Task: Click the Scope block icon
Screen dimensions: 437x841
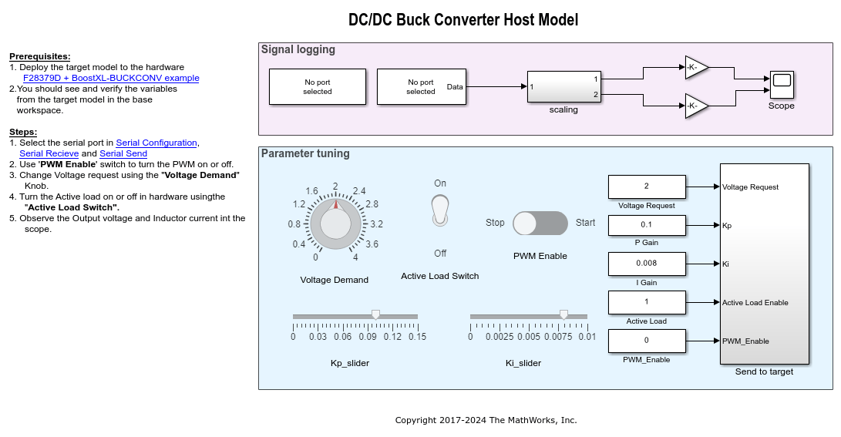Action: point(781,82)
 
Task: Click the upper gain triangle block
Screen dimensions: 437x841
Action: point(696,67)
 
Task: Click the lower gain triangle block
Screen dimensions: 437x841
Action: point(696,106)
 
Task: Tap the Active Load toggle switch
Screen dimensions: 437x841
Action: point(439,210)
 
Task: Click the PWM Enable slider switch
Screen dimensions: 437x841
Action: point(540,223)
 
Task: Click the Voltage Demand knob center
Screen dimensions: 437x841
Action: point(335,224)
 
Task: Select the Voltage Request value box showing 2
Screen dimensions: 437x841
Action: point(647,187)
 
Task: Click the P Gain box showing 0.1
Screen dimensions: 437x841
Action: point(647,225)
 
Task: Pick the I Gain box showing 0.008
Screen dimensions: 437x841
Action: point(647,264)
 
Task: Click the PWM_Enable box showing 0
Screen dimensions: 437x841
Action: point(647,341)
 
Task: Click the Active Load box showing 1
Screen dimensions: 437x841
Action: point(647,302)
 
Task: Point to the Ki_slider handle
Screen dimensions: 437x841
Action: point(563,314)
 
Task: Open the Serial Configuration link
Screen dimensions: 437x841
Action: point(156,143)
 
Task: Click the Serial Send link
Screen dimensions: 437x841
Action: point(123,153)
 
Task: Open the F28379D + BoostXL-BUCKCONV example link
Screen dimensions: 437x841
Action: point(111,78)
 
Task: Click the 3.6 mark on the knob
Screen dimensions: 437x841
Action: point(372,244)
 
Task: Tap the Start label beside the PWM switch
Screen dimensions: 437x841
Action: point(585,223)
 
